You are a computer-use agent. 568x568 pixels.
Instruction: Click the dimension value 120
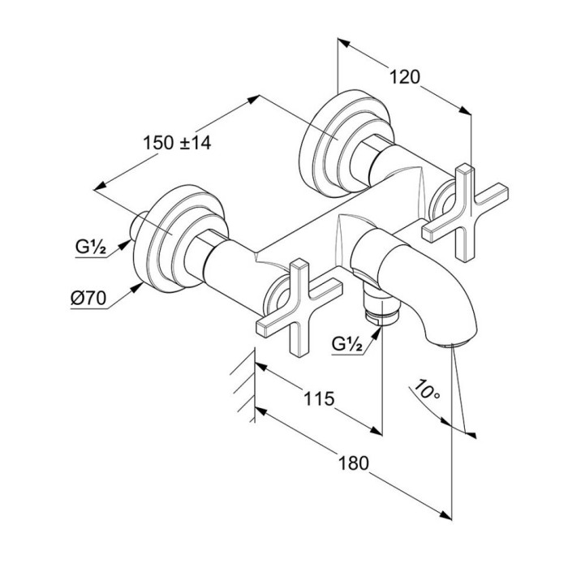(406, 78)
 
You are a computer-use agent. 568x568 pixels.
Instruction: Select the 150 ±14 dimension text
(176, 143)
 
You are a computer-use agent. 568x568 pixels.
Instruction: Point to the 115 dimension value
(320, 398)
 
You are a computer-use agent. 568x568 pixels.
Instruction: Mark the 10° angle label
(424, 392)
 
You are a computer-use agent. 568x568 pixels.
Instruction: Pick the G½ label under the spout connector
(347, 343)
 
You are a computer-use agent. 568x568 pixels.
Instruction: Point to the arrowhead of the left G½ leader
(131, 241)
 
